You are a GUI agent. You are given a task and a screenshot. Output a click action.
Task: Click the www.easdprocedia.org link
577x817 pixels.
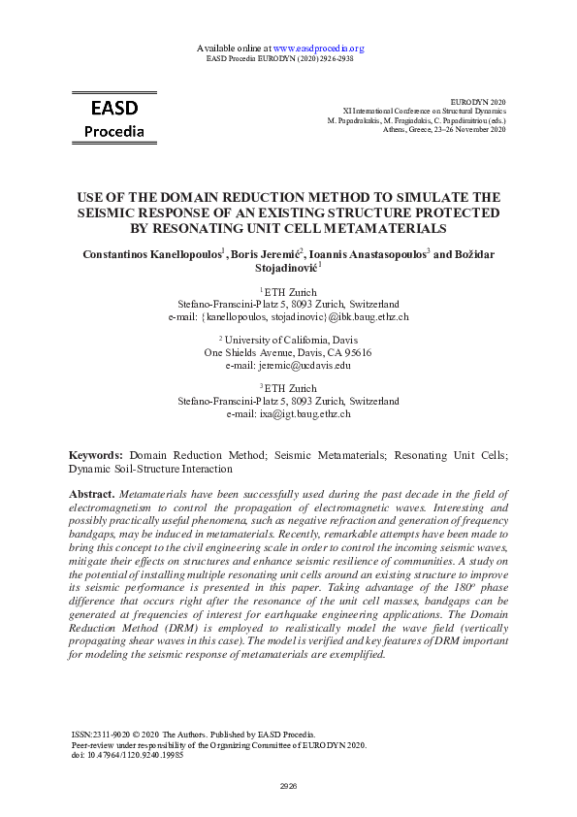pos(318,48)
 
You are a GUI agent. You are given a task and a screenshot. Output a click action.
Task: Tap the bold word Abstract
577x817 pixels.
pos(92,495)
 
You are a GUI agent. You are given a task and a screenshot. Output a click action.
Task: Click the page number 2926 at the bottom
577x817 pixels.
pos(288,785)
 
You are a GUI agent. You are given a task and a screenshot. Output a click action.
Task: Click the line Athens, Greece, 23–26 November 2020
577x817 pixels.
pos(444,128)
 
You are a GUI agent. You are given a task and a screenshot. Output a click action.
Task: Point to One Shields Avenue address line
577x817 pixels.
pos(288,352)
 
